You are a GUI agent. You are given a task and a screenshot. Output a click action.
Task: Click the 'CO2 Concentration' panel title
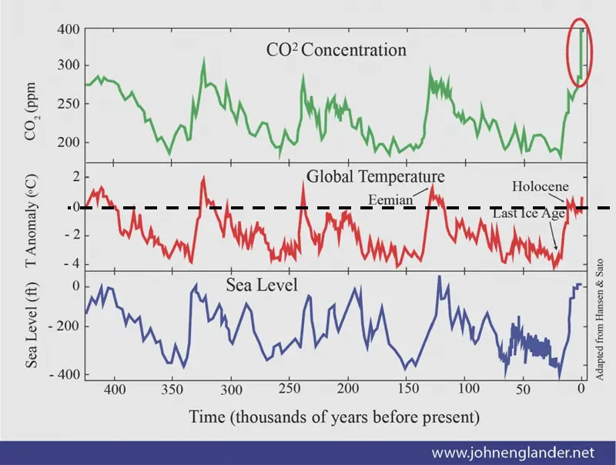[x=334, y=51]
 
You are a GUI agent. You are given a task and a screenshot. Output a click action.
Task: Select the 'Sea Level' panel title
[x=262, y=286]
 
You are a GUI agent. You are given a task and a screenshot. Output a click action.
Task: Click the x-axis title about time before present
[x=335, y=417]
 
